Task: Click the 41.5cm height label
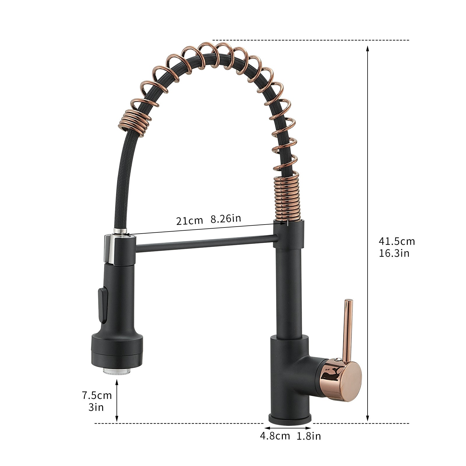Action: point(396,241)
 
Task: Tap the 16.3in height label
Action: point(394,253)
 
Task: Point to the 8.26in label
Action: point(226,218)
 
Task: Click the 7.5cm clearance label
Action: point(97,395)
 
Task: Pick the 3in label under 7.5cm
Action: point(96,407)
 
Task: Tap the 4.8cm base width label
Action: point(275,436)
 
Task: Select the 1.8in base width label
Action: point(309,436)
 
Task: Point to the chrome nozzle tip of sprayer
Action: point(117,371)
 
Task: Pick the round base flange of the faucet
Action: point(290,419)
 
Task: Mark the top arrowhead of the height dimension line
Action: point(368,49)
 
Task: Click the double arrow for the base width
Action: point(288,428)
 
